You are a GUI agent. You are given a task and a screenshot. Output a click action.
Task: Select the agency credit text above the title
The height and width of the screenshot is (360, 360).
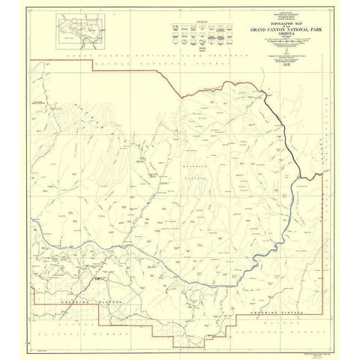(x=274, y=18)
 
